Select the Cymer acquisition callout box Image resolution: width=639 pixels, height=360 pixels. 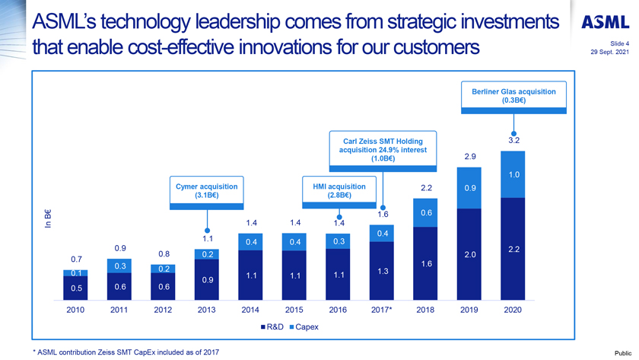(206, 191)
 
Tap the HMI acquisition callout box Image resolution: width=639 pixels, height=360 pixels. (339, 191)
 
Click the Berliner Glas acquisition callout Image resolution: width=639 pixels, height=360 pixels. (513, 96)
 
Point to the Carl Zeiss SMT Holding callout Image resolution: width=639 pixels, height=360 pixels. (383, 150)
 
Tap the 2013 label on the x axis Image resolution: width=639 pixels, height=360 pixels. (206, 311)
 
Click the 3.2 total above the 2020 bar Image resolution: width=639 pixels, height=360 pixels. (513, 140)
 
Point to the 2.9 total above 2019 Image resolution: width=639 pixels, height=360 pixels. (469, 157)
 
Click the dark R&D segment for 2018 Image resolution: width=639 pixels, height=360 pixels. (426, 263)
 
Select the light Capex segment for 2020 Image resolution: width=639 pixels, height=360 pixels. (513, 174)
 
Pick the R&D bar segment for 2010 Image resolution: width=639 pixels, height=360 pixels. (75, 288)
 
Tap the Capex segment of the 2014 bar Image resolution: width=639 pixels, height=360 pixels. (250, 241)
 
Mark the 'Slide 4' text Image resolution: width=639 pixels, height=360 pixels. (619, 43)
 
